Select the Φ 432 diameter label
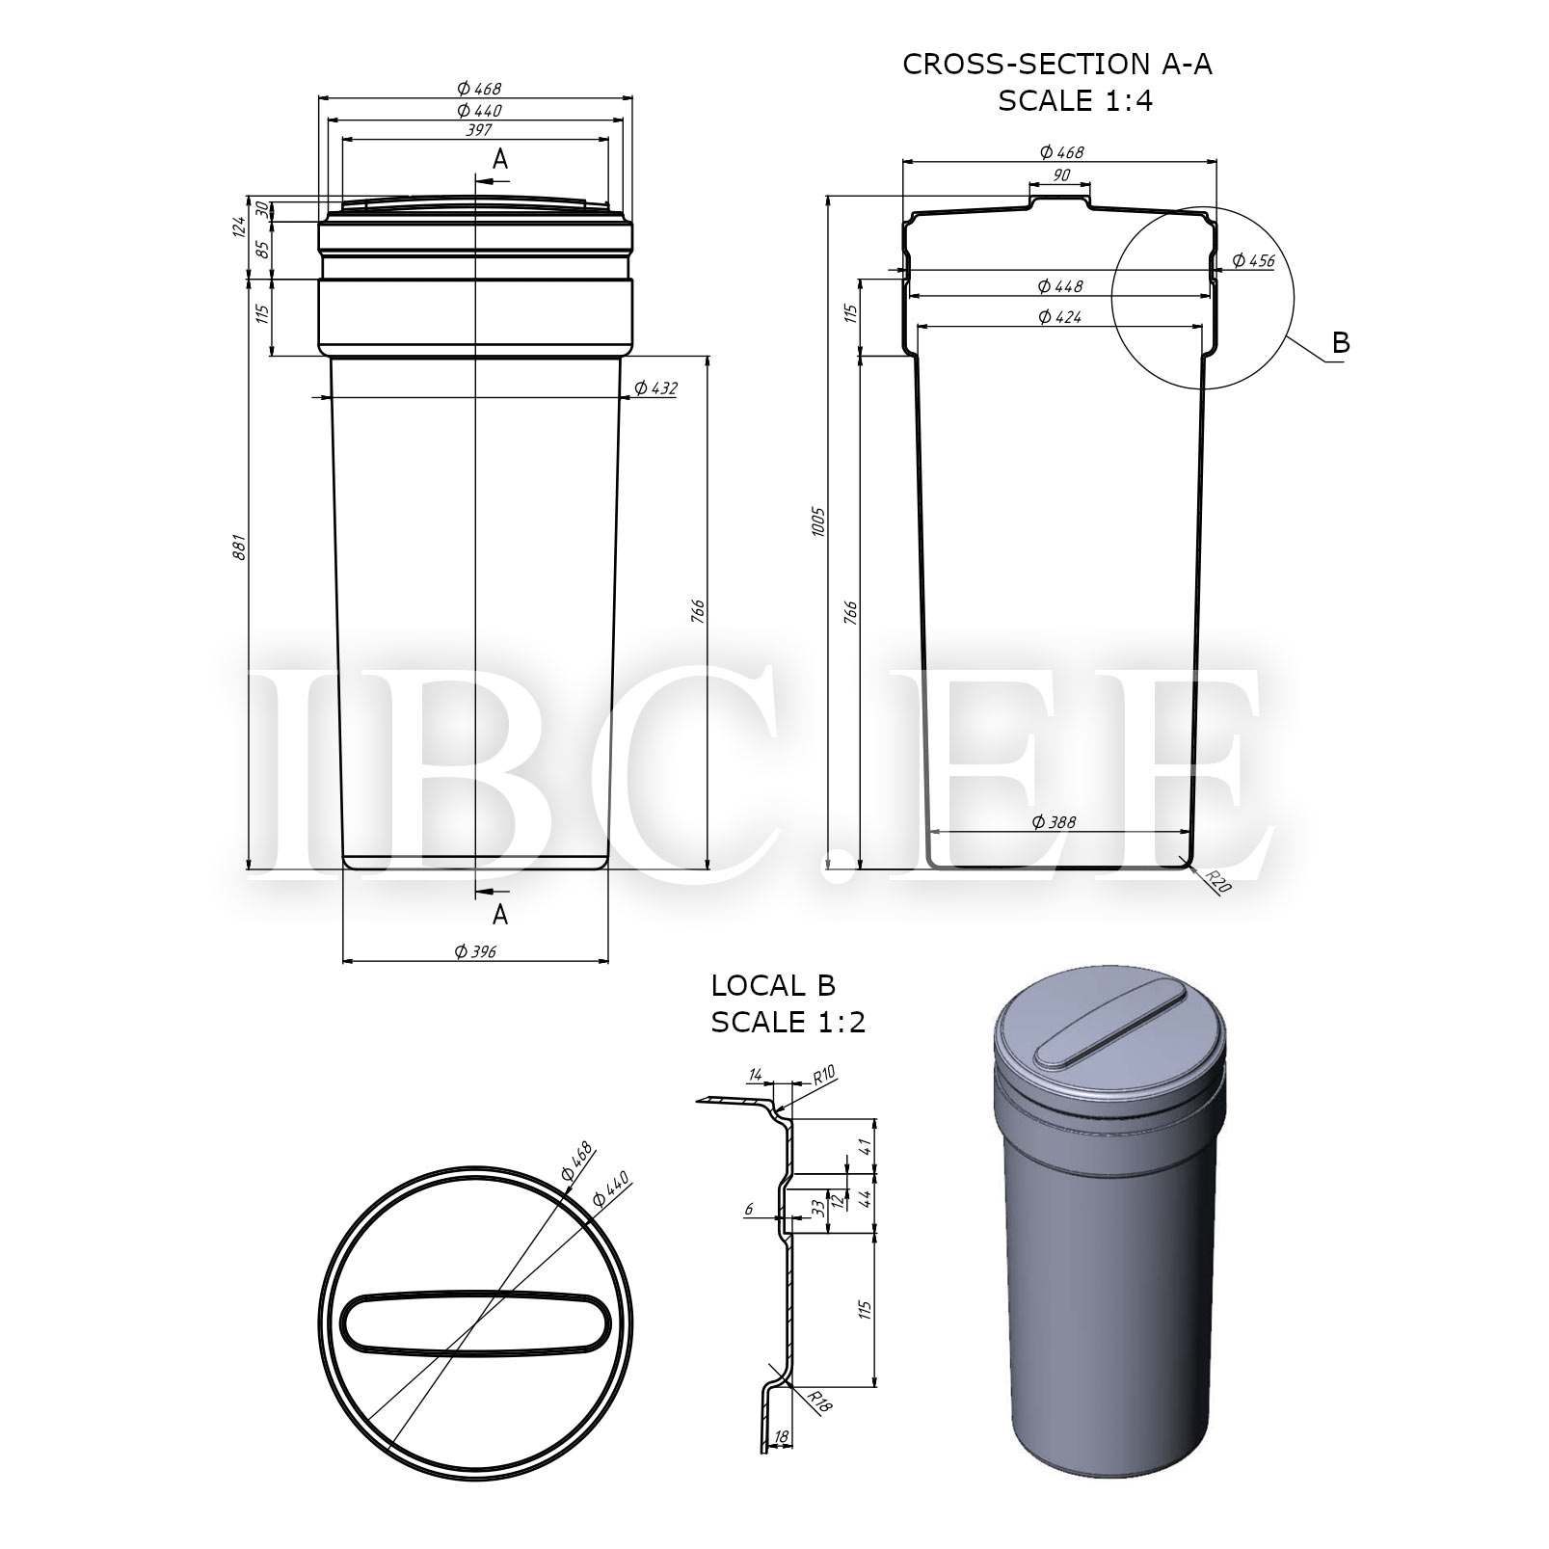pos(656,388)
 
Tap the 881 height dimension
pos(241,547)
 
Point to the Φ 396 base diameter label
pos(475,951)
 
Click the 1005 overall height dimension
pos(818,521)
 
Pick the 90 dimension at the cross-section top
pos(1060,174)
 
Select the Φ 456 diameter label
pos(1254,261)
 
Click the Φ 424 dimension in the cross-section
pos(1059,316)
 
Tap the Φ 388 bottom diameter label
pos(1054,822)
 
